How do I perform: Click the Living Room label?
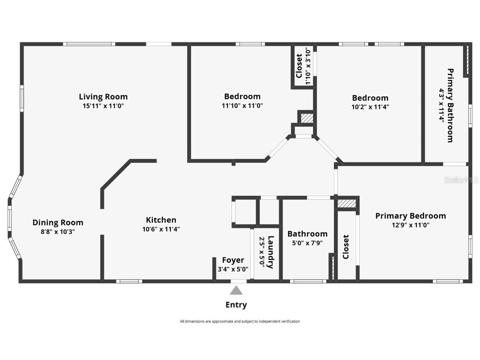point(103,97)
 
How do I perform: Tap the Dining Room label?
point(58,222)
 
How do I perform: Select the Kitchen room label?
point(161,220)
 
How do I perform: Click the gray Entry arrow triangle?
point(236,290)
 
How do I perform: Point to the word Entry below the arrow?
point(236,305)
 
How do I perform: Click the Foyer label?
point(233,260)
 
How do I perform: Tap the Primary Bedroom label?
point(410,216)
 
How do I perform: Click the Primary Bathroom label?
point(450,105)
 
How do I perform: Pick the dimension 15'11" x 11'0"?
point(103,106)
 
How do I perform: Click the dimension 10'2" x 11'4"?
point(370,107)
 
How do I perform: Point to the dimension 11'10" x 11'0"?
point(242,106)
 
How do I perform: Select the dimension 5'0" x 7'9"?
point(307,243)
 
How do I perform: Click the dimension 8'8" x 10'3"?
point(58,232)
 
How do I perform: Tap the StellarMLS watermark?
point(461,180)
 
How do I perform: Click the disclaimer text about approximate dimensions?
point(240,321)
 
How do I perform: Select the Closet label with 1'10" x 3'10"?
point(299,66)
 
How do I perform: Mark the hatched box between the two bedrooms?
point(307,118)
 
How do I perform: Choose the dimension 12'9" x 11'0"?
point(410,225)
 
